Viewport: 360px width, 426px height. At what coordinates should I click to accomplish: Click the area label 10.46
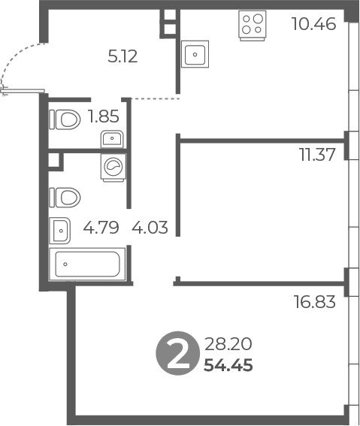tap(314, 23)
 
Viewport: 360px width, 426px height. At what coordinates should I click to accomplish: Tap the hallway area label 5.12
tap(123, 57)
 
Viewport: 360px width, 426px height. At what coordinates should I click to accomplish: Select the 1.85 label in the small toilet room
tap(104, 116)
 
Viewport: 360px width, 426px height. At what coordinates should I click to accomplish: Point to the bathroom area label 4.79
tap(101, 228)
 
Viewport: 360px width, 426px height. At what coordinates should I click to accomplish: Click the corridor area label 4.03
tap(150, 228)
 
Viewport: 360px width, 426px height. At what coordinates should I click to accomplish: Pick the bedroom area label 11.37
tap(317, 155)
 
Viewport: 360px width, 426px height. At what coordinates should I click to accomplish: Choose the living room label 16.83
tap(315, 302)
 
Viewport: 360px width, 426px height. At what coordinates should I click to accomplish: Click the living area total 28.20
tap(228, 344)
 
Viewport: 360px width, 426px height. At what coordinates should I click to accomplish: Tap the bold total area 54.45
tap(228, 365)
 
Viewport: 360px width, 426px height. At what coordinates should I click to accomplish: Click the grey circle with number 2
tap(177, 353)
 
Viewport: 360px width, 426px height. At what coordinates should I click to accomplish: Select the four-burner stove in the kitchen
tap(253, 26)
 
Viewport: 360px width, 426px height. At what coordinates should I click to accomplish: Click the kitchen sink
tap(195, 54)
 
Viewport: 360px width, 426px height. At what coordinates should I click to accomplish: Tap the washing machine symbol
tap(113, 168)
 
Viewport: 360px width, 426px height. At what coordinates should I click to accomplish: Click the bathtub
tap(87, 264)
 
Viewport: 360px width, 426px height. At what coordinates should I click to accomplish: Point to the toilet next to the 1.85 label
tap(65, 119)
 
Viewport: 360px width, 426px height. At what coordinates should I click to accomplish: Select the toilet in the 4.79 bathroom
tap(65, 198)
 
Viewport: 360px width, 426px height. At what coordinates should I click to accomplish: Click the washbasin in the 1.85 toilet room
tap(112, 139)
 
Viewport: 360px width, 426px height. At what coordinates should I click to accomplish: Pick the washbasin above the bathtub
tap(60, 231)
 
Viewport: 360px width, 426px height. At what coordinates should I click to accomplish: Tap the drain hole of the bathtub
tap(65, 264)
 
